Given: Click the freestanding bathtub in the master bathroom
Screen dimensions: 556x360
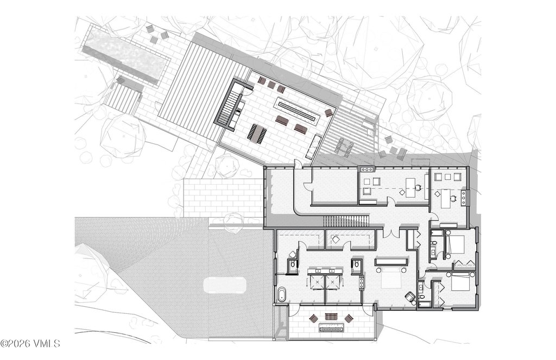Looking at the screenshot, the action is [282, 294].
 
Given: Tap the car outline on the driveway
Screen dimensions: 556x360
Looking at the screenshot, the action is [224, 285].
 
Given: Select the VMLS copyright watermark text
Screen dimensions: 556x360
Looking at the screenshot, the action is [30, 343].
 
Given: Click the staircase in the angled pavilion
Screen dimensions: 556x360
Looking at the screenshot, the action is [226, 106].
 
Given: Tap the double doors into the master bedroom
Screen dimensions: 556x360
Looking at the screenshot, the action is [391, 233].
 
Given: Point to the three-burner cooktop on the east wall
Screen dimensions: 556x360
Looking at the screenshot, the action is [464, 197].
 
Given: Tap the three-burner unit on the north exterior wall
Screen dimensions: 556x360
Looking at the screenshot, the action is [367, 169].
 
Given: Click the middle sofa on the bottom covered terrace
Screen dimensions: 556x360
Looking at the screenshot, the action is [332, 317].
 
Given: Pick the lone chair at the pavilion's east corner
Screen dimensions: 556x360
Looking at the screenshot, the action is [328, 113].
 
